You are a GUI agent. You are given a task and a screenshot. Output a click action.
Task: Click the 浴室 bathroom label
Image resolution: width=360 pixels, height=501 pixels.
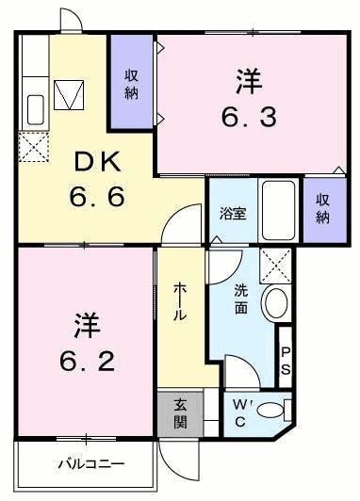(x=233, y=213)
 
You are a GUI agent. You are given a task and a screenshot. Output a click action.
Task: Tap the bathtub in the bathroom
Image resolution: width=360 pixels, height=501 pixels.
(x=278, y=210)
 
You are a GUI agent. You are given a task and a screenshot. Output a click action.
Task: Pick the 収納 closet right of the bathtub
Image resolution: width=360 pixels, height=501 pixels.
(x=322, y=209)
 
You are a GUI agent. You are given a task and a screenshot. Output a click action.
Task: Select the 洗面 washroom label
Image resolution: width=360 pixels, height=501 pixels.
(x=241, y=300)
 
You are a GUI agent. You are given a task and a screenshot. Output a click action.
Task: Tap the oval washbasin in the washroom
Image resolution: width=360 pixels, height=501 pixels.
(x=275, y=302)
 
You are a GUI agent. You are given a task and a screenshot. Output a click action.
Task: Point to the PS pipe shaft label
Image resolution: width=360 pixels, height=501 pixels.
(x=286, y=360)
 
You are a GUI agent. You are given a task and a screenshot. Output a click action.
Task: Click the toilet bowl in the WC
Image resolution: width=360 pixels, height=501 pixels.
(x=272, y=410)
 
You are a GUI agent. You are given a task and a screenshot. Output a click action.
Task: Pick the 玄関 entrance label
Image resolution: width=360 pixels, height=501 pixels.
(x=181, y=413)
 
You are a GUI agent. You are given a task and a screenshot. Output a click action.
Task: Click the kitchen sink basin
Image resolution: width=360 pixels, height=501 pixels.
(x=35, y=109)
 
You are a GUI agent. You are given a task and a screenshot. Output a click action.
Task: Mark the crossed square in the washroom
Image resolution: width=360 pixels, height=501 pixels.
(x=275, y=263)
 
